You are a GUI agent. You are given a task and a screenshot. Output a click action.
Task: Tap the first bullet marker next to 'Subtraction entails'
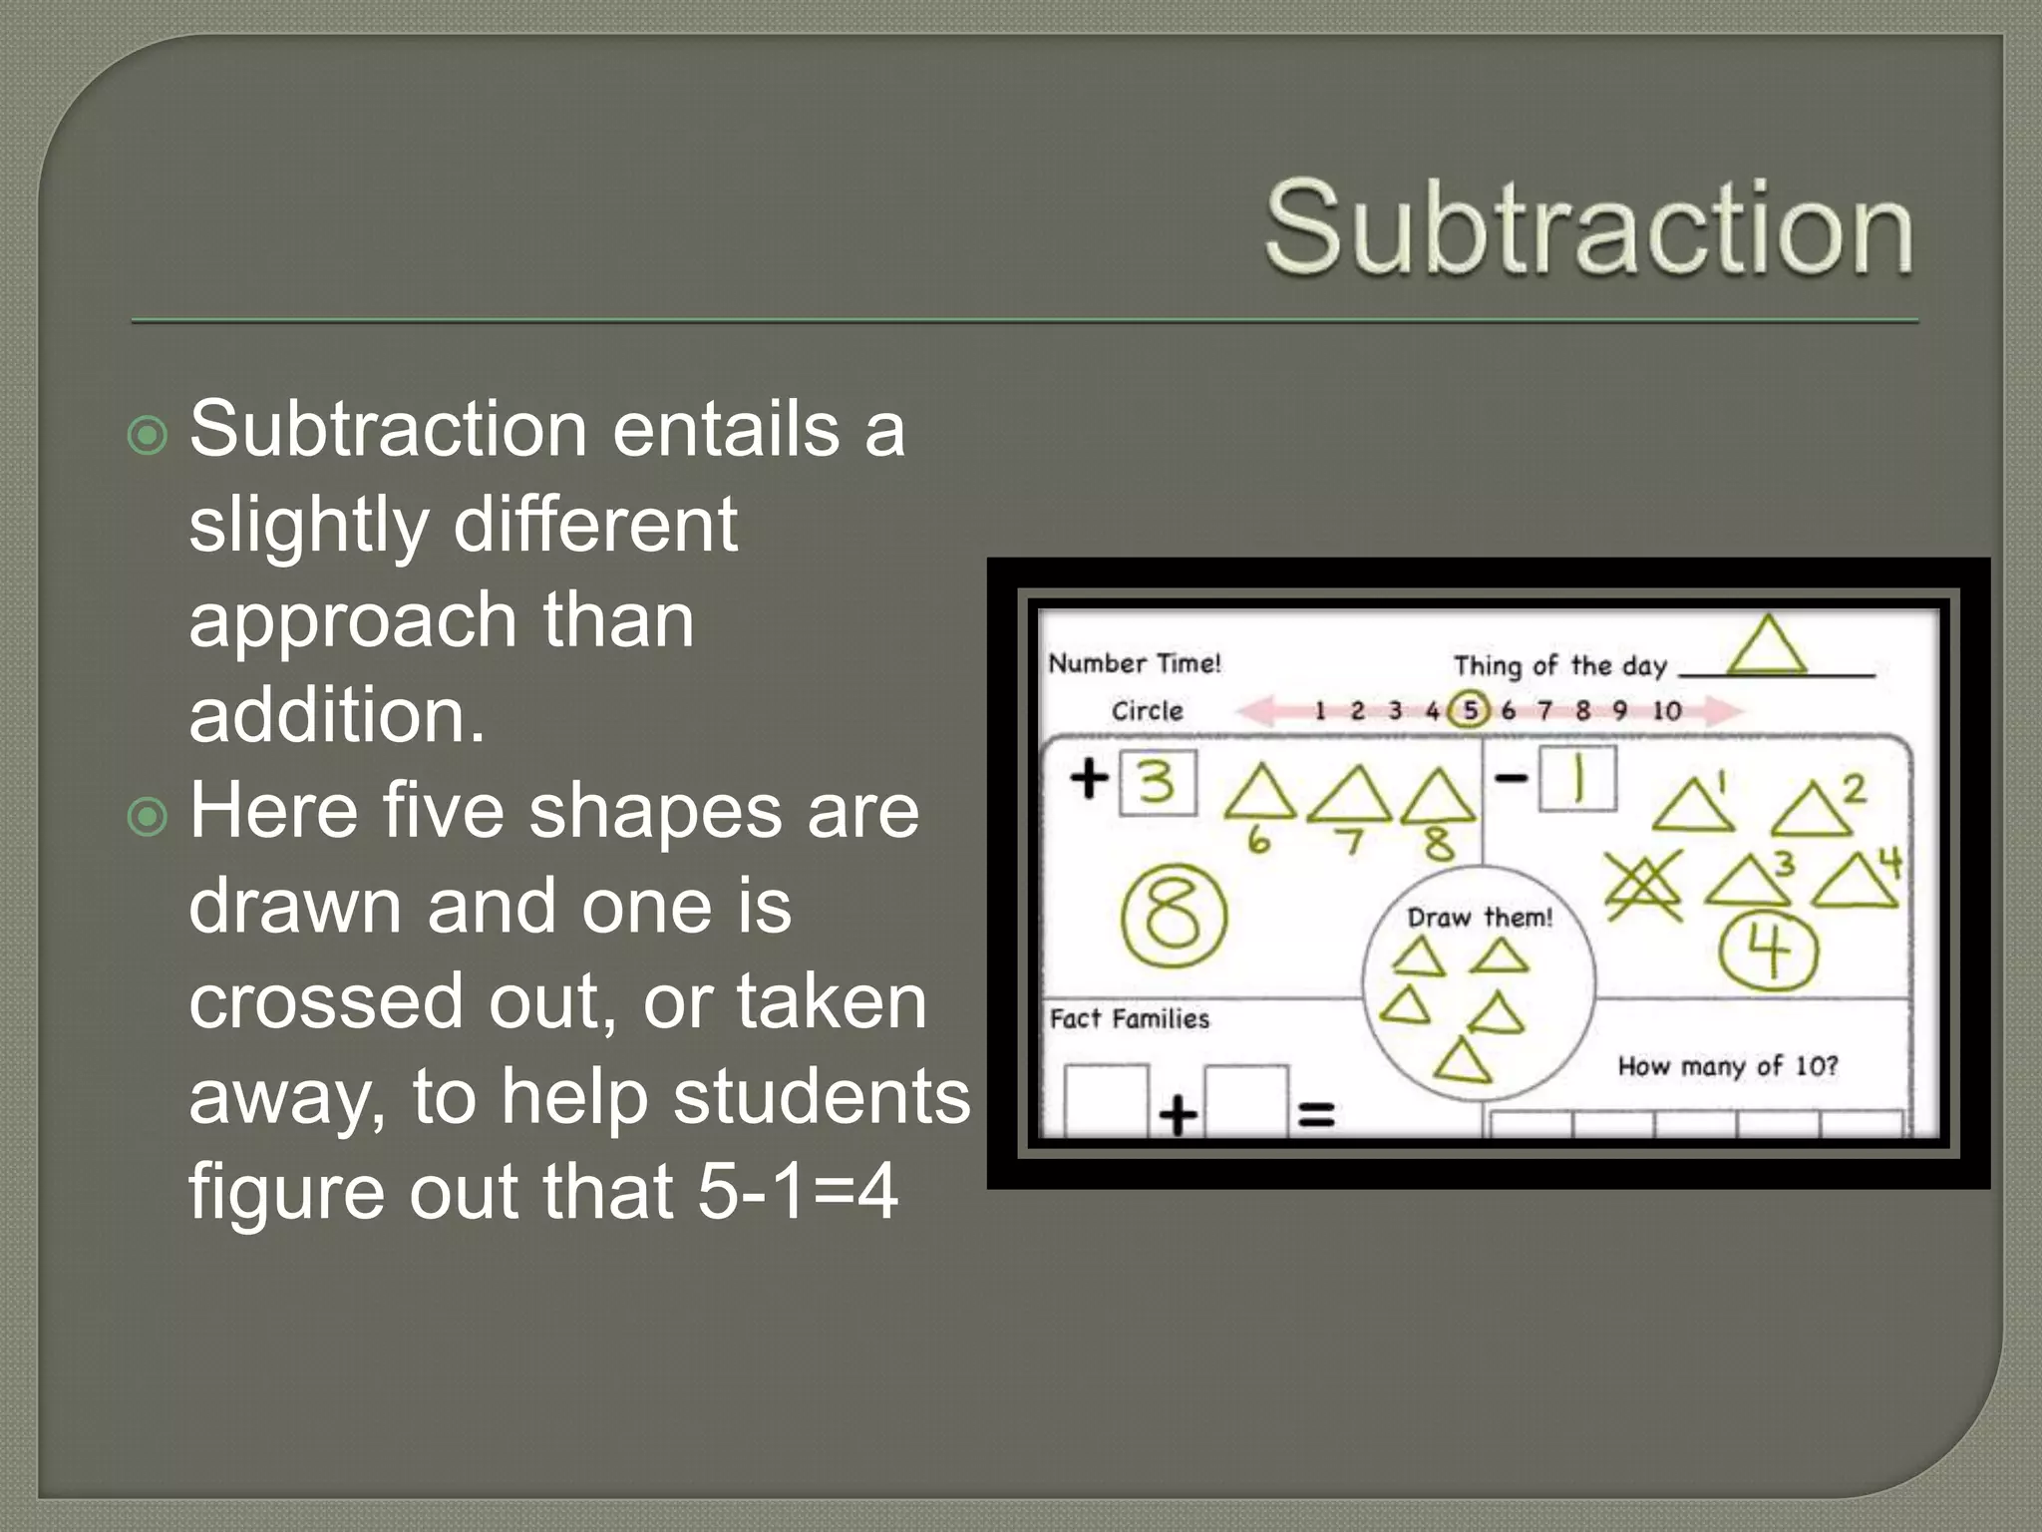tap(149, 436)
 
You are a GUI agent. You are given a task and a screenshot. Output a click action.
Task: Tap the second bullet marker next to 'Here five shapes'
tap(149, 817)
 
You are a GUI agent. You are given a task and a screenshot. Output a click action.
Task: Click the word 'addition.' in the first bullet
tap(337, 715)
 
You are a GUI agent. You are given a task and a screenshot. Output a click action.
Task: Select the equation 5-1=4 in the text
tap(797, 1192)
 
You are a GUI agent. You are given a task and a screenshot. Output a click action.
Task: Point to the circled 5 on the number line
tap(1469, 710)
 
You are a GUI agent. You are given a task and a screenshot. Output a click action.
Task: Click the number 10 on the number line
tap(1666, 711)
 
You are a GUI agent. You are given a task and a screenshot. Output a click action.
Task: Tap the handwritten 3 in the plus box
tap(1157, 784)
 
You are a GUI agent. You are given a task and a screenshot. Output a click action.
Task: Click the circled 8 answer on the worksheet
tap(1174, 916)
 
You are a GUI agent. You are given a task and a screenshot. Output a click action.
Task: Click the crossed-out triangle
tap(1643, 884)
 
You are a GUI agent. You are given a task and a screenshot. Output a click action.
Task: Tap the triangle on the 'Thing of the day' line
tap(1766, 647)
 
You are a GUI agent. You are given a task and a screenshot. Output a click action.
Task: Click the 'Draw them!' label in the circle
tap(1480, 918)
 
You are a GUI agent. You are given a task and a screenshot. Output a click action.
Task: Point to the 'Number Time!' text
tap(1135, 664)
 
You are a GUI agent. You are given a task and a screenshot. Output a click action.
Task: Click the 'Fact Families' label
tap(1130, 1019)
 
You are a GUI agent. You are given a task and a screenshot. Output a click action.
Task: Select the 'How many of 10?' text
tap(1727, 1066)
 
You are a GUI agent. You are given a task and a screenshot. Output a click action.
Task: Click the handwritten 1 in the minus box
tap(1578, 780)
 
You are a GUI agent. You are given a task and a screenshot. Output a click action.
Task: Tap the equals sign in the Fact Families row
tap(1316, 1114)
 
